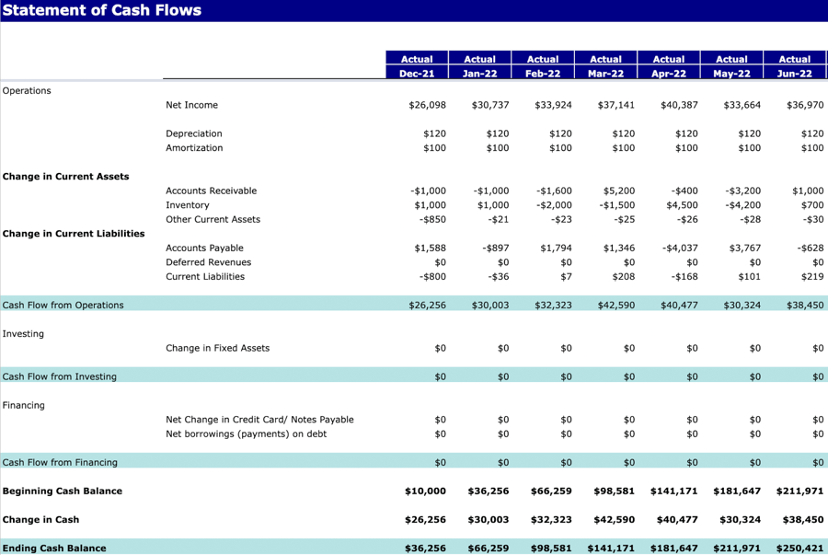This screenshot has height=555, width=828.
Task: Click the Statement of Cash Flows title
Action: pos(102,10)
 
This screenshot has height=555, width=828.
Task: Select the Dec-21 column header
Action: pos(417,74)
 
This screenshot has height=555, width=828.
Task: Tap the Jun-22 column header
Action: pos(795,74)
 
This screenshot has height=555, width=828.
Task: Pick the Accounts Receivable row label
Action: pos(211,191)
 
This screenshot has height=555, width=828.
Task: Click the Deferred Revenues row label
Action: pos(208,262)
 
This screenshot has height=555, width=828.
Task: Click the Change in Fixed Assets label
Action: pos(217,348)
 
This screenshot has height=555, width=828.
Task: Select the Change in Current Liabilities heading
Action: pos(74,234)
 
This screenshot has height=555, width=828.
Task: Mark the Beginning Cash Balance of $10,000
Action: pos(425,491)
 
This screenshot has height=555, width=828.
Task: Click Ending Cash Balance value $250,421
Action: pos(799,548)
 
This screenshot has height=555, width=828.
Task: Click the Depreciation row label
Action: pos(193,133)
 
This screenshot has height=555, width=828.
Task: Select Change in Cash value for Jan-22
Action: pos(489,519)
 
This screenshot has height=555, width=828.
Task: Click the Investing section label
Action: pos(23,333)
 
